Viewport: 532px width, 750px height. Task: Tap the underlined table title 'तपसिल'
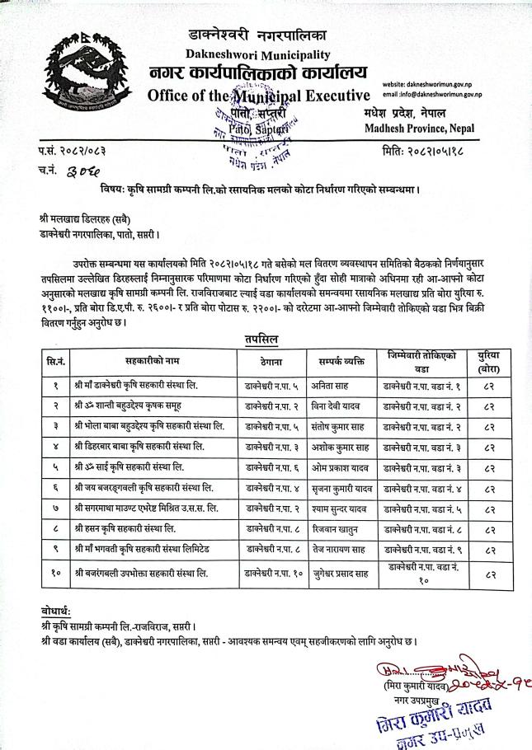pyautogui.click(x=261, y=339)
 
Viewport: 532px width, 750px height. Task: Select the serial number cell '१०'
pyautogui.click(x=55, y=572)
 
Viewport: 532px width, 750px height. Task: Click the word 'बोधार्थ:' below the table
pyautogui.click(x=59, y=611)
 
